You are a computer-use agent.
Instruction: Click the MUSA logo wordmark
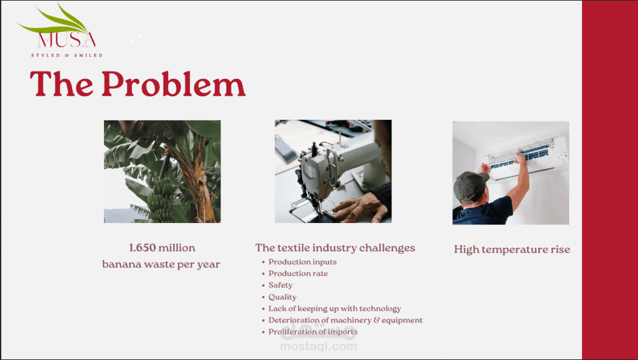(67, 40)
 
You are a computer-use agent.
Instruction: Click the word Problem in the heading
(173, 84)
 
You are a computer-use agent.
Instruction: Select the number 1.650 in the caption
(142, 248)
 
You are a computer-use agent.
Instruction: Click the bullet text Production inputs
(302, 262)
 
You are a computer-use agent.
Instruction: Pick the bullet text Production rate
(298, 273)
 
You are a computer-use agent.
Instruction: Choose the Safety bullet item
(280, 285)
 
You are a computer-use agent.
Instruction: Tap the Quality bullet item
(282, 297)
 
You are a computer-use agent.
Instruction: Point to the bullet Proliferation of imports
(313, 331)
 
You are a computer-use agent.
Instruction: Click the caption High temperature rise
(512, 249)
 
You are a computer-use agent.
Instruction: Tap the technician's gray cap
(470, 185)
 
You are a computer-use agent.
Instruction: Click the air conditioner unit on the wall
(527, 157)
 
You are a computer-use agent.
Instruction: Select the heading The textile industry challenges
(335, 248)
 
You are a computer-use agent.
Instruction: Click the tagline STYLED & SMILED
(67, 55)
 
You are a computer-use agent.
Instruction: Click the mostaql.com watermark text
(319, 346)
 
